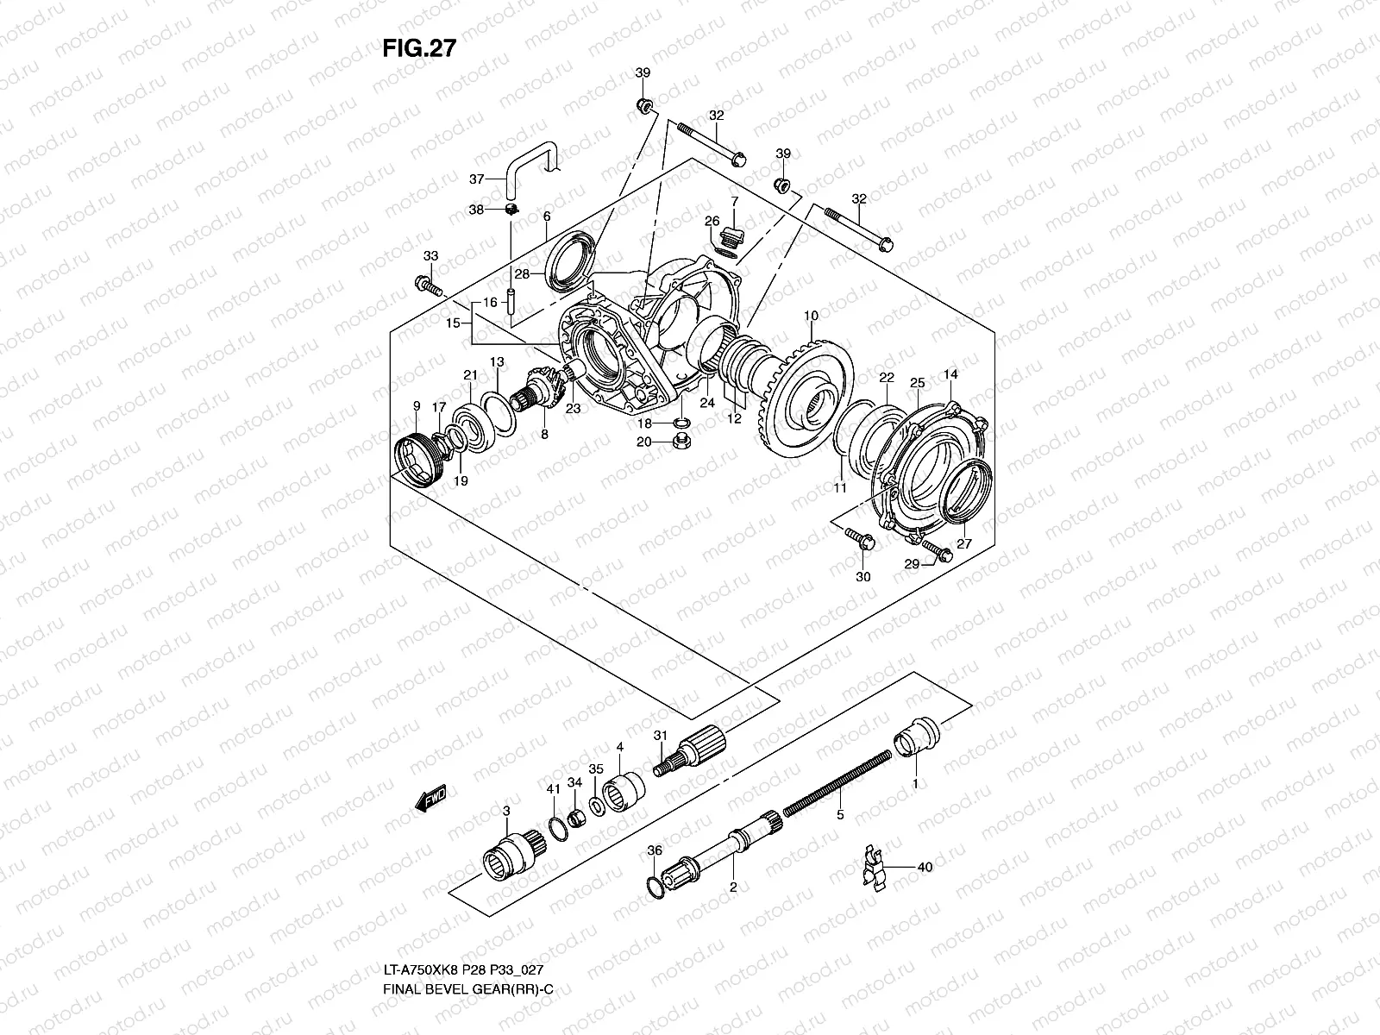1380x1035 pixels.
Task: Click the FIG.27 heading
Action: [x=418, y=48]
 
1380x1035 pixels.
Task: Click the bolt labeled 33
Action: [x=428, y=285]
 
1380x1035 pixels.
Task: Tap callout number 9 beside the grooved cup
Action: [x=417, y=405]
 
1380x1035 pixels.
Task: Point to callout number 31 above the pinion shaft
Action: [x=661, y=735]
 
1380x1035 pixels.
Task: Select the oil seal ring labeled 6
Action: [x=568, y=258]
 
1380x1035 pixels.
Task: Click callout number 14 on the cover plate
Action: [x=950, y=374]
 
